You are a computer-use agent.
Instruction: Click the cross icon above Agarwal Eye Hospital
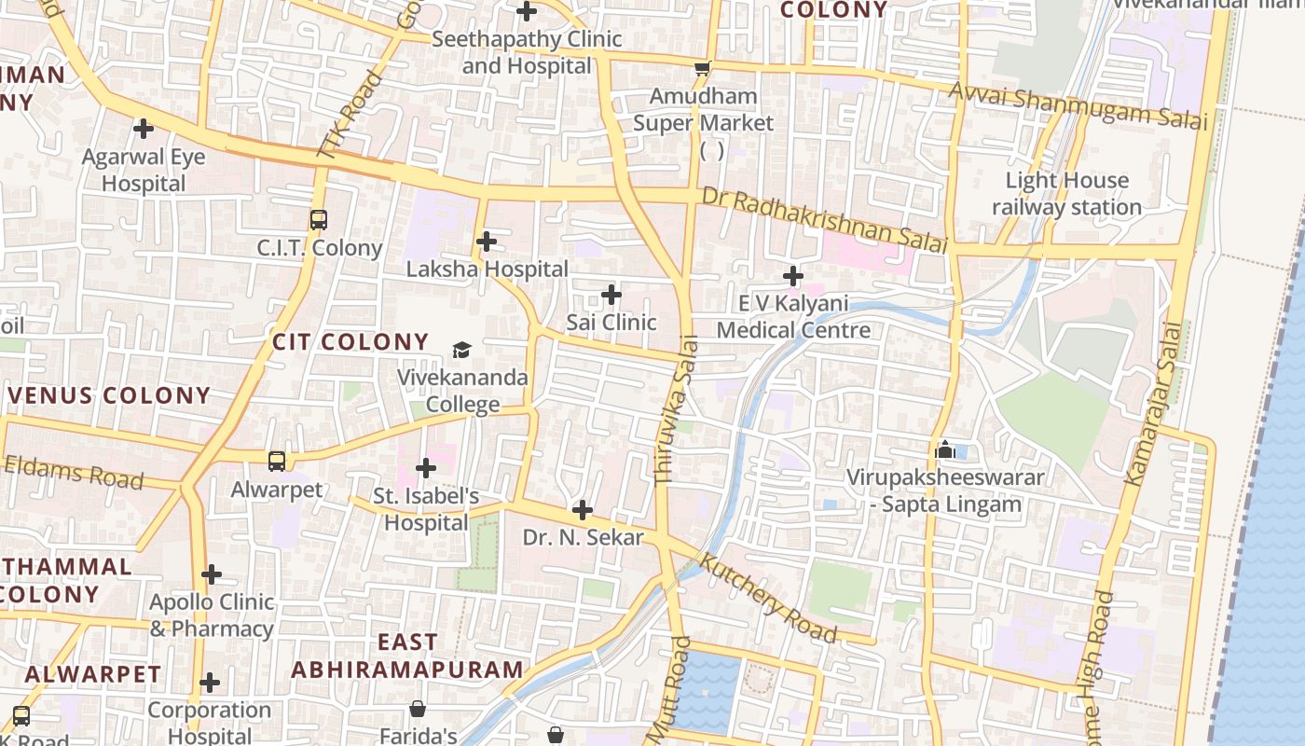(x=143, y=128)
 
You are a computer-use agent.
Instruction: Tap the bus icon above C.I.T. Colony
(x=319, y=220)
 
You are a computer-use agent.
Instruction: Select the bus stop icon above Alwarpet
(x=277, y=461)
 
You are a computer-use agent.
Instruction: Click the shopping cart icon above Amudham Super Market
(x=703, y=68)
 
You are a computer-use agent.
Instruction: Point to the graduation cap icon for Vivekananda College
(x=461, y=350)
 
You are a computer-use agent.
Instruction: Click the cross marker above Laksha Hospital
(x=486, y=242)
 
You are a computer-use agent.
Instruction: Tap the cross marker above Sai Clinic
(x=611, y=295)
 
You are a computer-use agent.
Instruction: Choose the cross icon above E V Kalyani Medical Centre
(x=792, y=276)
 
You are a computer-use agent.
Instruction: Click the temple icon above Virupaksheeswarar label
(x=944, y=450)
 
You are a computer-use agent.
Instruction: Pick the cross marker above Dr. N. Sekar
(x=582, y=510)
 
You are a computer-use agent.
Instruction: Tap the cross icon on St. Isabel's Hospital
(x=426, y=467)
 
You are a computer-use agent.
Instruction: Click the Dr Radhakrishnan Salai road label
(x=824, y=220)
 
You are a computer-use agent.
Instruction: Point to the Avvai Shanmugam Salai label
(x=1078, y=105)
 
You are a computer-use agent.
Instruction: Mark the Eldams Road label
(x=73, y=472)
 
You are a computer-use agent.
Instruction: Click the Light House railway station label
(x=1066, y=193)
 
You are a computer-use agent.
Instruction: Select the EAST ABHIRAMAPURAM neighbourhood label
(x=407, y=656)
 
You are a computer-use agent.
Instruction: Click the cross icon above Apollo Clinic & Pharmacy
(x=212, y=574)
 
